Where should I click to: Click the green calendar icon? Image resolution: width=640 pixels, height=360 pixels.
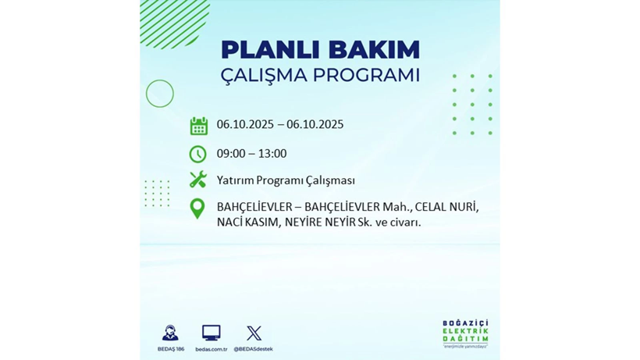tap(198, 126)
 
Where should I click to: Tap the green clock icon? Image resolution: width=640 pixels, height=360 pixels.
tap(198, 154)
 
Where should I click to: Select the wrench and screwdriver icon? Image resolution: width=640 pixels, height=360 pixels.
tap(198, 180)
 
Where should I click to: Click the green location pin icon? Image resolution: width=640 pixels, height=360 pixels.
tap(197, 209)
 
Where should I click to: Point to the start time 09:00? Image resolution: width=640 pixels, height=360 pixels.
tap(232, 154)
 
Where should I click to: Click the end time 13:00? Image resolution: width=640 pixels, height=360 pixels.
tap(272, 154)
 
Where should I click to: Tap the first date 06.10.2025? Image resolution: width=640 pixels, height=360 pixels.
tap(247, 124)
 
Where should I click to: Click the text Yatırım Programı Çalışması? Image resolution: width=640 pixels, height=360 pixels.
tap(286, 180)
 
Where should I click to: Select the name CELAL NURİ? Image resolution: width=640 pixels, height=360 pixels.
tap(445, 207)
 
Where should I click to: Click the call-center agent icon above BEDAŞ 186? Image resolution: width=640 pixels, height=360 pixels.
tap(170, 333)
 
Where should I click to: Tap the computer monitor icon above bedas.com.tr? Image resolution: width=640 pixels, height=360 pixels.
tap(211, 333)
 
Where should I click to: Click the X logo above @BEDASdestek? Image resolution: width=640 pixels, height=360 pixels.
tap(254, 333)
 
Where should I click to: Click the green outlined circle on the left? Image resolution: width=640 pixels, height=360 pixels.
tap(160, 94)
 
